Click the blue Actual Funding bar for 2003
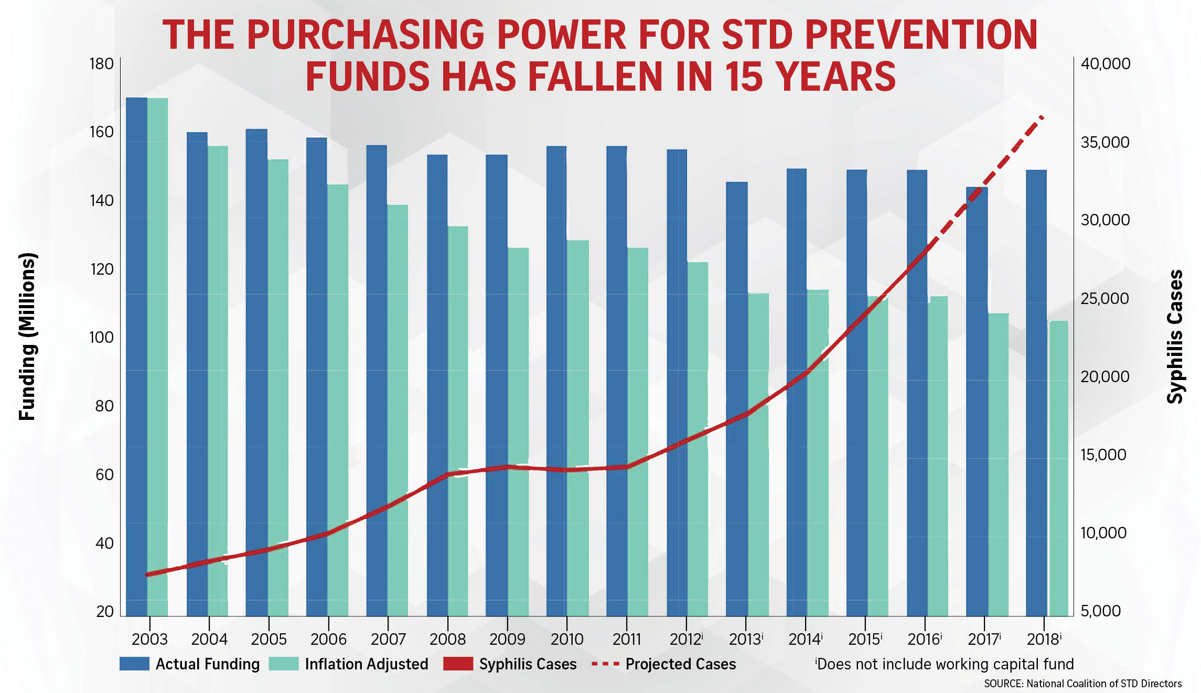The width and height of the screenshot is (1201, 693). (136, 356)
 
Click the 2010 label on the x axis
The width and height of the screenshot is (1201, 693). (566, 639)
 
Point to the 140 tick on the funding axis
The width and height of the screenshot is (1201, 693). (101, 200)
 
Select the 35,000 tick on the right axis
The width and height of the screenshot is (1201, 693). (1105, 142)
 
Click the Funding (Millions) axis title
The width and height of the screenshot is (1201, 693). (27, 337)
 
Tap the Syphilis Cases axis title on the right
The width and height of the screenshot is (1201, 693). (1175, 337)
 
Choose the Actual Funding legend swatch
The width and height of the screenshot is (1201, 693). (134, 664)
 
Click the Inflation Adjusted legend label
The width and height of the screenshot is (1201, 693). (366, 664)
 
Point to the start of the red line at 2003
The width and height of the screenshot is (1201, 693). (148, 575)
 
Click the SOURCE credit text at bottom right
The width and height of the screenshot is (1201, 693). (1082, 684)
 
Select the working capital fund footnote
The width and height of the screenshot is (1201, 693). (944, 664)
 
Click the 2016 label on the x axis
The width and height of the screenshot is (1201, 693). (924, 639)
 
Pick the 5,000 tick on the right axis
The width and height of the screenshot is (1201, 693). (1100, 611)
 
